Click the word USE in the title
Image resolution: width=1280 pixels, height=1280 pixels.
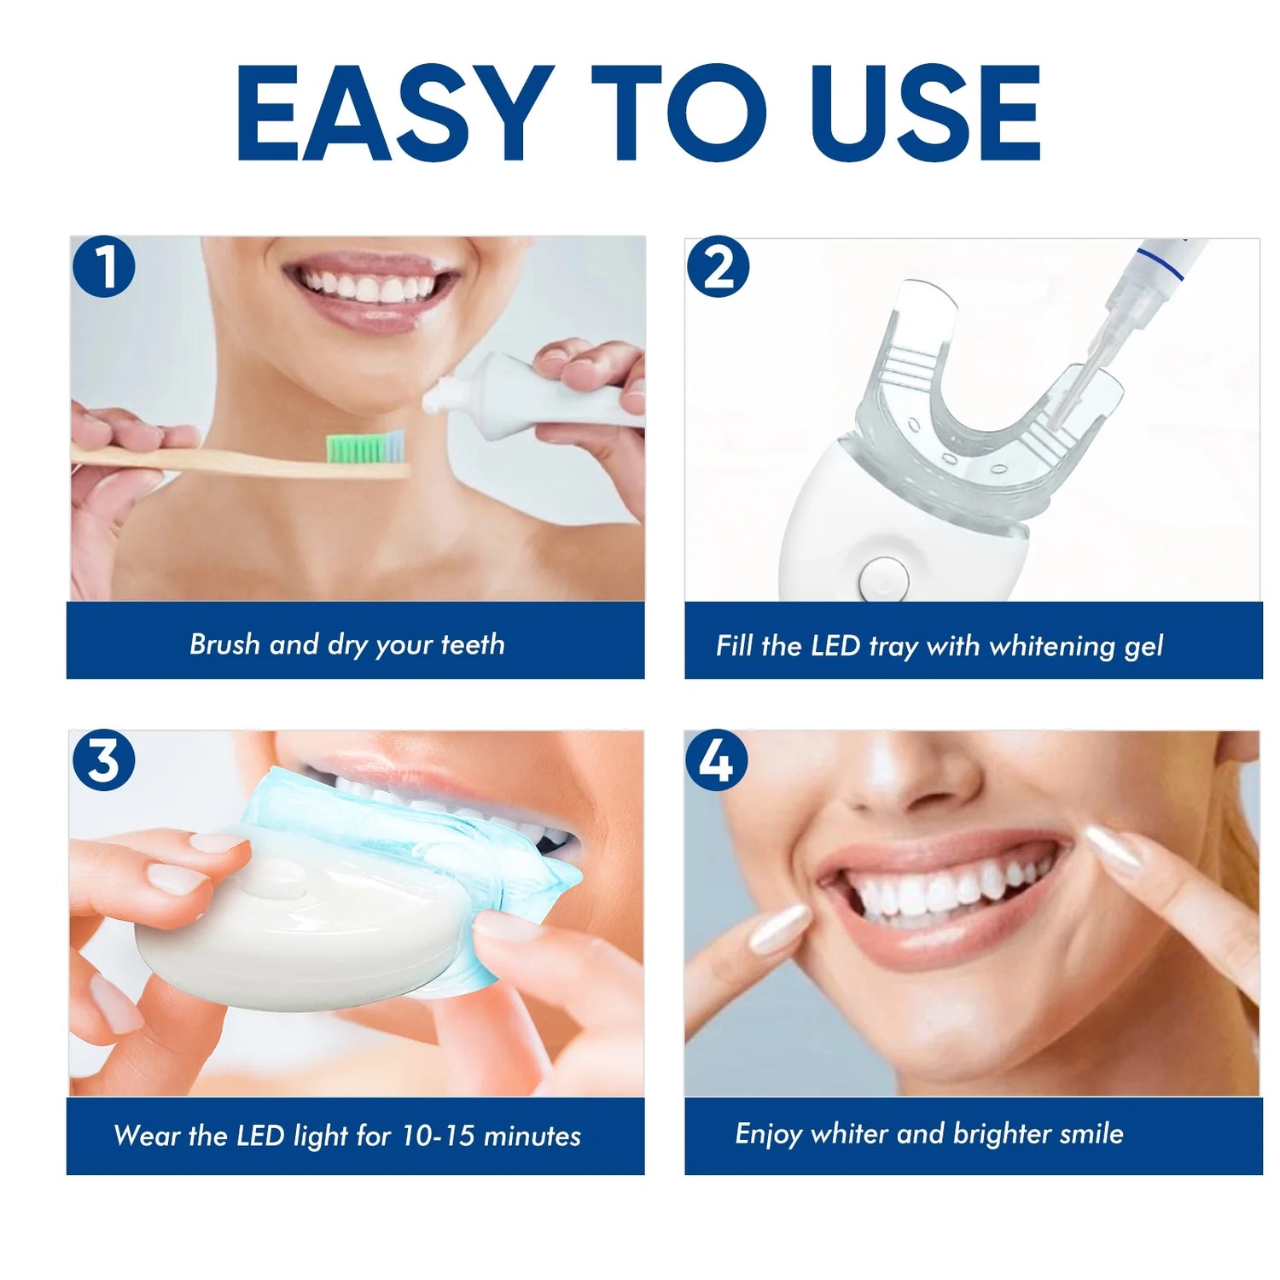pyautogui.click(x=926, y=113)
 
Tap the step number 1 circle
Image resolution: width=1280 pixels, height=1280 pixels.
pyautogui.click(x=104, y=267)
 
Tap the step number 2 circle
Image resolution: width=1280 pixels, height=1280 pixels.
pyautogui.click(x=718, y=267)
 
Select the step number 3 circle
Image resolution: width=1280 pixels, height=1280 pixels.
pyautogui.click(x=104, y=759)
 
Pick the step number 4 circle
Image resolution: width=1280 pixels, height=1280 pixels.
pyautogui.click(x=717, y=759)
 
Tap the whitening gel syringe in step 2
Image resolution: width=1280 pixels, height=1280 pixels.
pyautogui.click(x=1126, y=307)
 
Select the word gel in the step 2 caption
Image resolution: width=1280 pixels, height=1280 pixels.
pyautogui.click(x=1143, y=647)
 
